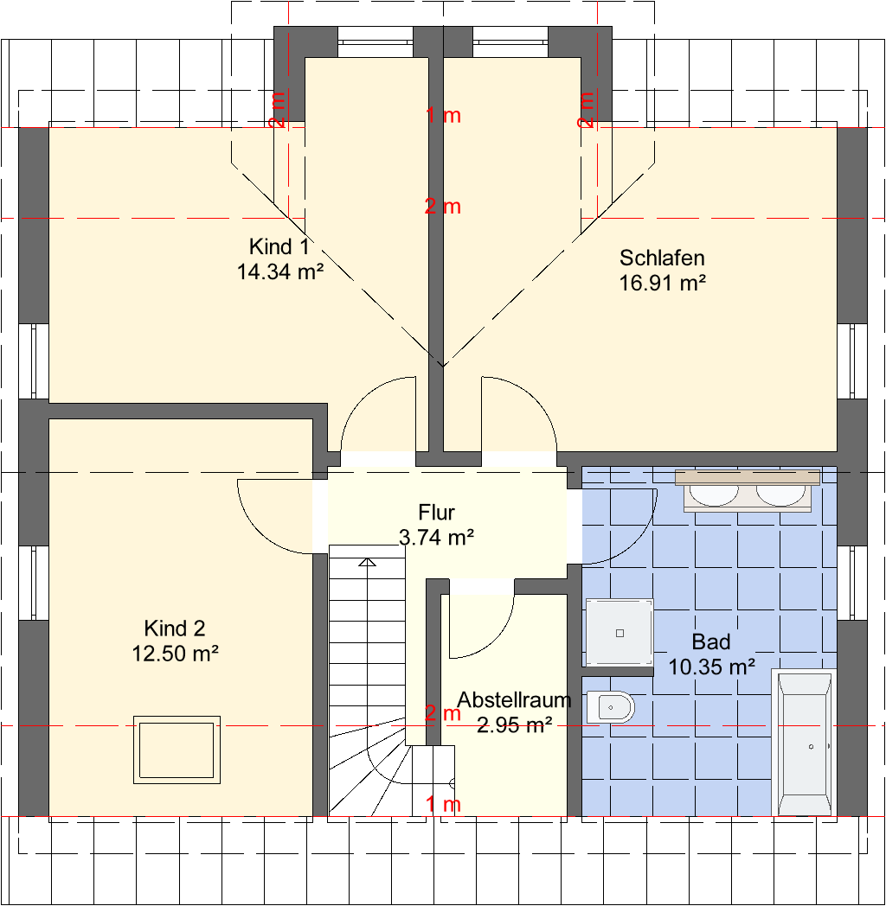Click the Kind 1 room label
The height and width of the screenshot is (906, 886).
pyautogui.click(x=279, y=246)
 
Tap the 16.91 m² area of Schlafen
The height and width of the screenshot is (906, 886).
pyautogui.click(x=662, y=284)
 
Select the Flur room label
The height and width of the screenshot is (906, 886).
pyautogui.click(x=437, y=513)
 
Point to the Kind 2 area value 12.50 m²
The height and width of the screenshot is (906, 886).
pyautogui.click(x=176, y=654)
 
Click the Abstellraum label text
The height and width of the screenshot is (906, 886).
pyautogui.click(x=514, y=699)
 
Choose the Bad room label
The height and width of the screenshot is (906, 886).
pyautogui.click(x=711, y=642)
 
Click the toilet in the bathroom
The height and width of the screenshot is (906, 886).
pyautogui.click(x=610, y=706)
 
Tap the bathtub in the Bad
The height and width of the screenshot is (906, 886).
pyautogui.click(x=805, y=742)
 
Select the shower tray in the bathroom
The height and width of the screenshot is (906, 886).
pyautogui.click(x=620, y=633)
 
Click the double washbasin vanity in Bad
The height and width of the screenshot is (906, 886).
pyautogui.click(x=748, y=491)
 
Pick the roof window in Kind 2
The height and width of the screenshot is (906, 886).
pyautogui.click(x=177, y=750)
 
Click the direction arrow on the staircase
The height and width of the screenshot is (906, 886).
pyautogui.click(x=367, y=562)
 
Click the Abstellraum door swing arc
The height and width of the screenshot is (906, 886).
pyautogui.click(x=498, y=640)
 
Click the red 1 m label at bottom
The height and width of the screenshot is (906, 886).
pyautogui.click(x=443, y=804)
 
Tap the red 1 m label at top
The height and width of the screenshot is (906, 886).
pyautogui.click(x=443, y=116)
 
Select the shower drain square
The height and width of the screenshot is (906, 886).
pyautogui.click(x=620, y=634)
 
